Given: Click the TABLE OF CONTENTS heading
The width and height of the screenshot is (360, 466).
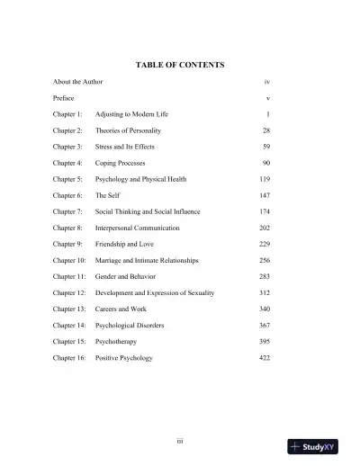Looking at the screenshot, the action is pos(179,65).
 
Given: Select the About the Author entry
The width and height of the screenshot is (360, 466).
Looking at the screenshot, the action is pos(77,82).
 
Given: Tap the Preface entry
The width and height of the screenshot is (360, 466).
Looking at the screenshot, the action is pos(63,98).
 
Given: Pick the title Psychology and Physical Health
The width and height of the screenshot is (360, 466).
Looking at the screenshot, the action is pos(141,179).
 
